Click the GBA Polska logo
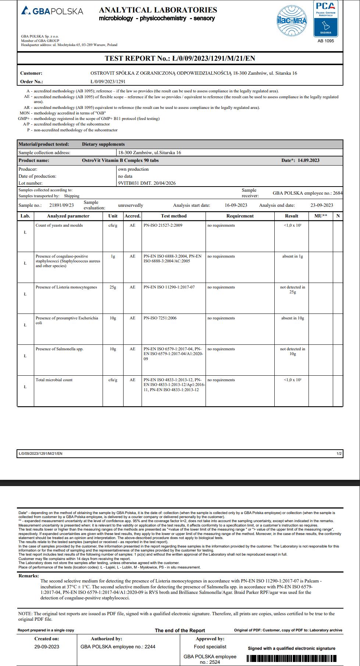(52, 11)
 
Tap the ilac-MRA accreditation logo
(292, 21)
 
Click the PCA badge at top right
(325, 18)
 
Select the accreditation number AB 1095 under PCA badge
(325, 41)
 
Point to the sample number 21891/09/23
(61, 205)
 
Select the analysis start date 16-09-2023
(236, 205)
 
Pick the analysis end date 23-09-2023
(322, 205)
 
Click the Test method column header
(174, 216)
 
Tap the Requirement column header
(240, 216)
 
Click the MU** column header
(321, 216)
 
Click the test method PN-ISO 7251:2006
(160, 318)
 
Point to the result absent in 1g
(292, 256)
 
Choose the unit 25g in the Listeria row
(113, 287)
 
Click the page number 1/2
(339, 454)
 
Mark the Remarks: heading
(29, 576)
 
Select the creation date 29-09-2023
(47, 646)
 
